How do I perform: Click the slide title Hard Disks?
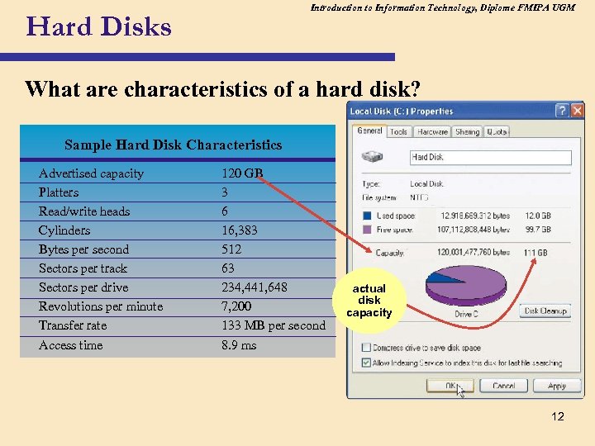(x=99, y=27)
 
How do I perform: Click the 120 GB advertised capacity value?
(x=241, y=173)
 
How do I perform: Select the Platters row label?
(x=59, y=192)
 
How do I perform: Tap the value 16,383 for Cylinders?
(x=240, y=230)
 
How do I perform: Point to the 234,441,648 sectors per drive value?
(x=255, y=287)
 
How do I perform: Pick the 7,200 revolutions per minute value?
(x=236, y=306)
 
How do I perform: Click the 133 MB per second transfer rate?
(x=274, y=325)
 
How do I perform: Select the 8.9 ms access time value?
(x=239, y=345)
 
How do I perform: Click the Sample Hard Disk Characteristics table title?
(x=173, y=145)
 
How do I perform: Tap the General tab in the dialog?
(x=369, y=131)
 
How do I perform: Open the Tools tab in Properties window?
(x=398, y=131)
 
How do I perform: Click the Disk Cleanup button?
(x=545, y=311)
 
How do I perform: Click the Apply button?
(x=557, y=386)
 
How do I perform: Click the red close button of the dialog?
(x=577, y=111)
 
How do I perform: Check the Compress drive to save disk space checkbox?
(x=365, y=348)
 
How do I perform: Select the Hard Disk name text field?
(x=489, y=157)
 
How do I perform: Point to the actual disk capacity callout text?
(x=369, y=301)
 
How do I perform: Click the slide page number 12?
(x=558, y=416)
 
